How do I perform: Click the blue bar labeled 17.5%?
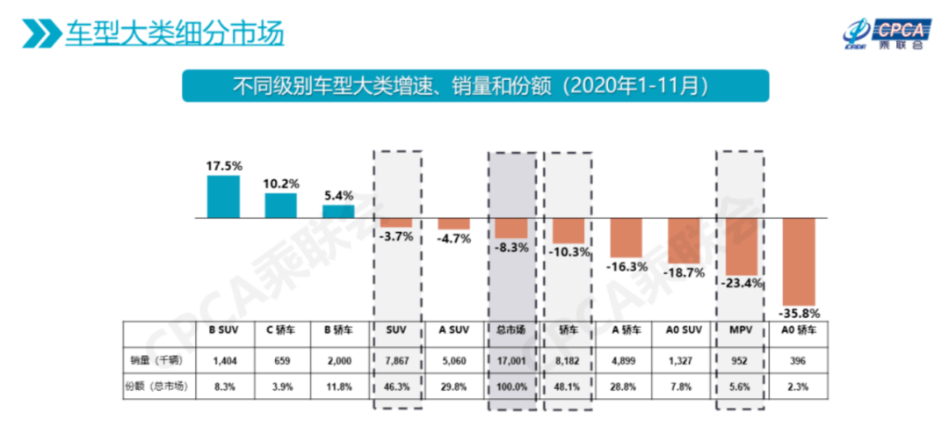223,196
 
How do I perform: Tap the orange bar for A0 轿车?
800,261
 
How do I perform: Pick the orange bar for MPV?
742,247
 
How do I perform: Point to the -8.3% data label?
511,249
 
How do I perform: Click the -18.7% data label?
685,272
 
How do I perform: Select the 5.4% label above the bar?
338,196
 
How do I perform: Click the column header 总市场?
511,330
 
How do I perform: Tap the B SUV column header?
224,330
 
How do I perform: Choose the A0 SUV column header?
684,330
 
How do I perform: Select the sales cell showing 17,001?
511,358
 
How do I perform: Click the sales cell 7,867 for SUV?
395,358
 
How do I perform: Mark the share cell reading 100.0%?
511,385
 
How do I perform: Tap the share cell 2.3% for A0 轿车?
800,385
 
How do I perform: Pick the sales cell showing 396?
800,358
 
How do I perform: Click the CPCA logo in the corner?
883,34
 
